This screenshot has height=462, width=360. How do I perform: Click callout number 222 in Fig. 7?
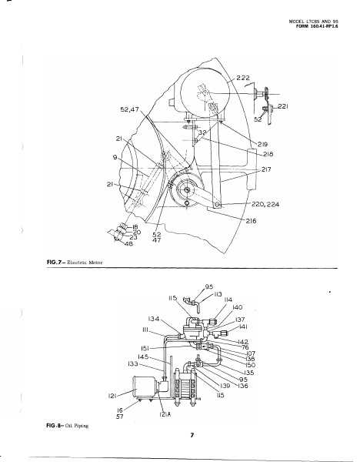pos(243,78)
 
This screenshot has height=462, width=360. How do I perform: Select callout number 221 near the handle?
pos(283,106)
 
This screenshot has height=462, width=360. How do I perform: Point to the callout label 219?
pos(262,145)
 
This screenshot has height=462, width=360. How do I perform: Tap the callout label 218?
pos(268,154)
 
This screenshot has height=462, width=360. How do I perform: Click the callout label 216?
pos(251,221)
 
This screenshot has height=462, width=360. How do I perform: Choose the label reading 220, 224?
pos(265,204)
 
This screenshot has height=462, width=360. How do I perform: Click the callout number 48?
pos(128,243)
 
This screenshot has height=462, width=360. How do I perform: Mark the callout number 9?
pos(115,157)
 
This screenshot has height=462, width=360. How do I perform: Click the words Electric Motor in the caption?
pos(85,263)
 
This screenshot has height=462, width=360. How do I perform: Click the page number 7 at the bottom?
pos(192,435)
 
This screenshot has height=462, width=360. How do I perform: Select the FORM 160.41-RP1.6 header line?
pos(317,26)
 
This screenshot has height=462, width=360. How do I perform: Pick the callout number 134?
pos(153,319)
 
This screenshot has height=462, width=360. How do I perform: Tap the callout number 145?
pos(143,357)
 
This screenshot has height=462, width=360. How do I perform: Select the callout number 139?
pos(225,386)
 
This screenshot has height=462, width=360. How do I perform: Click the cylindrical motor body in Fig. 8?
pos(145,387)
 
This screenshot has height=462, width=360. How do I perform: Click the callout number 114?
pos(228,300)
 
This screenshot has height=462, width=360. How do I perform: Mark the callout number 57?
pos(120,417)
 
